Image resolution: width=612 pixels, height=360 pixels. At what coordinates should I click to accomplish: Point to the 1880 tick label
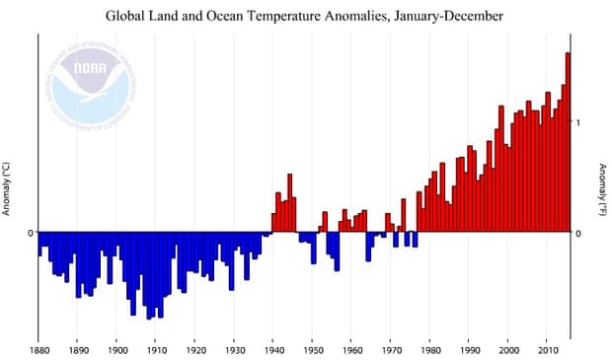pyautogui.click(x=38, y=349)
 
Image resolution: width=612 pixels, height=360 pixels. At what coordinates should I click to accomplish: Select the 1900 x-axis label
pyautogui.click(x=116, y=349)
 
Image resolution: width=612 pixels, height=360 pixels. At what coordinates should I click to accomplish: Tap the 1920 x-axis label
pyautogui.click(x=194, y=349)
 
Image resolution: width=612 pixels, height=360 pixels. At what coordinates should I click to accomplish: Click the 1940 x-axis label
pyautogui.click(x=272, y=349)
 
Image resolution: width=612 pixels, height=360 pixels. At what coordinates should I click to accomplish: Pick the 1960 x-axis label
pyautogui.click(x=351, y=349)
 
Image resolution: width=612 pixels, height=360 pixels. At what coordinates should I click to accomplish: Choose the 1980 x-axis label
pyautogui.click(x=429, y=349)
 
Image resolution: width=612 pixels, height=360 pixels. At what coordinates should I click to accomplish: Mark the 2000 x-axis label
pyautogui.click(x=507, y=349)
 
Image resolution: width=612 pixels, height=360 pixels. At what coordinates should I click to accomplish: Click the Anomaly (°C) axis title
pyautogui.click(x=7, y=188)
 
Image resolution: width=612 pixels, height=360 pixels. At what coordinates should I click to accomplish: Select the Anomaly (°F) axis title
pyautogui.click(x=602, y=188)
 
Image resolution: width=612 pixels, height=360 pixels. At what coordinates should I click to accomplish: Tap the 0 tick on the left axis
pyautogui.click(x=31, y=234)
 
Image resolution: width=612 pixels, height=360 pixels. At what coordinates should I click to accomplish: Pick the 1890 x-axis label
pyautogui.click(x=78, y=349)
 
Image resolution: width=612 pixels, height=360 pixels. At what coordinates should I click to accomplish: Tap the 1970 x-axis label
pyautogui.click(x=390, y=349)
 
